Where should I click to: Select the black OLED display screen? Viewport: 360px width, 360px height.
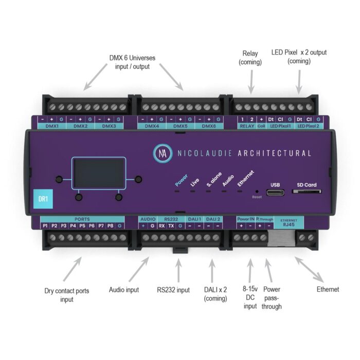[98, 173]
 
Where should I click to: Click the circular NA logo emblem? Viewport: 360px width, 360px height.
[163, 153]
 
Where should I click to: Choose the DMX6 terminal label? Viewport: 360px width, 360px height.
[209, 126]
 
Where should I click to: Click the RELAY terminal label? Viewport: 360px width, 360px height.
[247, 126]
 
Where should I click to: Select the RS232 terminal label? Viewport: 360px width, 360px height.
[167, 219]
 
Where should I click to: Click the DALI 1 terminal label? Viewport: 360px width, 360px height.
[194, 219]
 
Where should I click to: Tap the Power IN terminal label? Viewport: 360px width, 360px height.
[245, 219]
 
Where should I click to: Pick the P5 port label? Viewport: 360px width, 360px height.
[81, 226]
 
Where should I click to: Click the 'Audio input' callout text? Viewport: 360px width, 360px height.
[124, 290]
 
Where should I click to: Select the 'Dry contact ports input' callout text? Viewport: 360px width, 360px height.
[66, 295]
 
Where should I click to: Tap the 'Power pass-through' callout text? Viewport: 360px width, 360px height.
[271, 298]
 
